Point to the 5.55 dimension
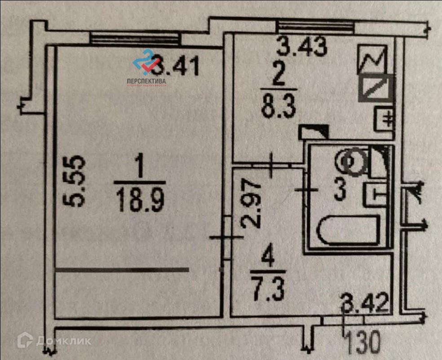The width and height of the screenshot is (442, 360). click(x=77, y=181)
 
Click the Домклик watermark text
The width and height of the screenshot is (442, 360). click(x=63, y=341)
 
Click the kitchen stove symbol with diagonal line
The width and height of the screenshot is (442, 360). click(x=376, y=88)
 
